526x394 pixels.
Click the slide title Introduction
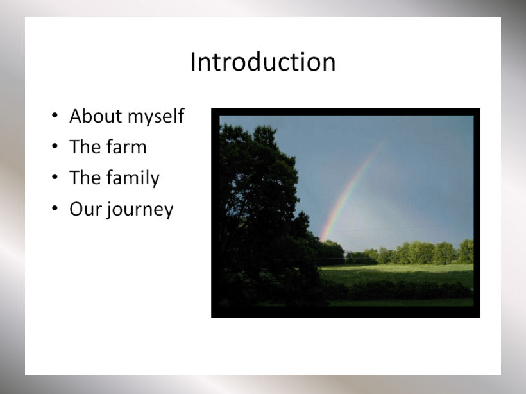point(262,62)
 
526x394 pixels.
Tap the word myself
point(156,117)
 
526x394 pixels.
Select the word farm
point(126,147)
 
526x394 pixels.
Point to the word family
point(133,178)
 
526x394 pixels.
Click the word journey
point(140,210)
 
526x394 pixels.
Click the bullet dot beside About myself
point(55,116)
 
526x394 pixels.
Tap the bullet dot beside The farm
point(55,146)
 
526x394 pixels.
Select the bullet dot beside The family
point(55,177)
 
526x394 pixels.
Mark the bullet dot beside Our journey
point(55,209)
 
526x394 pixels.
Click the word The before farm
point(85,147)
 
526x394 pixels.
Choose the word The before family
point(85,178)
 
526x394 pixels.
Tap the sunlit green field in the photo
point(396,273)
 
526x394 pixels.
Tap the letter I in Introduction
point(193,62)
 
